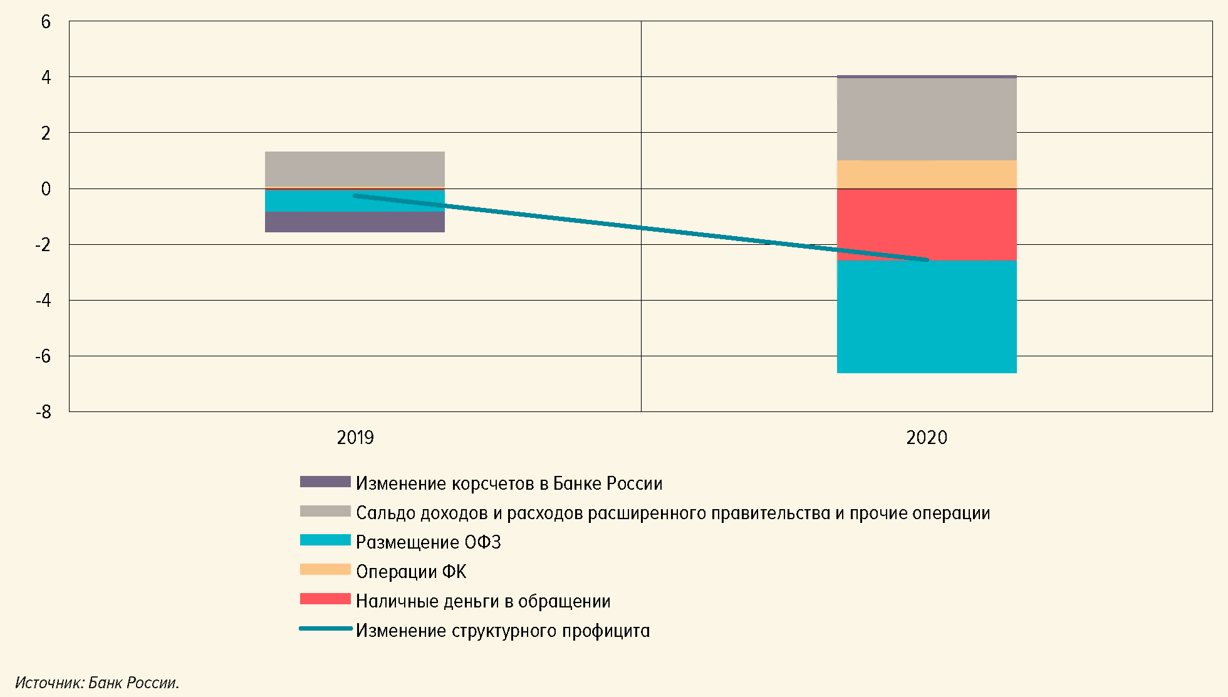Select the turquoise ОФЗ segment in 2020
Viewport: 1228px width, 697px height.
tap(926, 317)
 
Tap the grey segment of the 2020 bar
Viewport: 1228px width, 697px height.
tap(926, 119)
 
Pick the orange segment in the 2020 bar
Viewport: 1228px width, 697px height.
tap(926, 174)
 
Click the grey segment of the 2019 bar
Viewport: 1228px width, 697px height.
tap(355, 169)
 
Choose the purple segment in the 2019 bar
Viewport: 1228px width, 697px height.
tap(355, 222)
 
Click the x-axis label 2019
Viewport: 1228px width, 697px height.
tap(355, 437)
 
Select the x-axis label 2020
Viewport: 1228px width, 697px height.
tap(926, 437)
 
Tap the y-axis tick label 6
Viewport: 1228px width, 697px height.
tap(46, 22)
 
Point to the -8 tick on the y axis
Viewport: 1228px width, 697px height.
tap(43, 412)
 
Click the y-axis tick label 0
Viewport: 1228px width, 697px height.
tap(46, 189)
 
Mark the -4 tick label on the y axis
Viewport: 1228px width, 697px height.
tap(43, 301)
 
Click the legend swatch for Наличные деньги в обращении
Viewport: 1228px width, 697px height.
tap(325, 599)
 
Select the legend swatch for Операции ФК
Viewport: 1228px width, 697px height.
tap(325, 569)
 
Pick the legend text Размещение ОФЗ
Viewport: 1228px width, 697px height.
tap(429, 542)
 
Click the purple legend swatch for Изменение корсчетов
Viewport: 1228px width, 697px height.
tap(325, 482)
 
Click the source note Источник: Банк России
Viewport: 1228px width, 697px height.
tap(97, 683)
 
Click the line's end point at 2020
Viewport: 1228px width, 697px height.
tap(926, 259)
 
